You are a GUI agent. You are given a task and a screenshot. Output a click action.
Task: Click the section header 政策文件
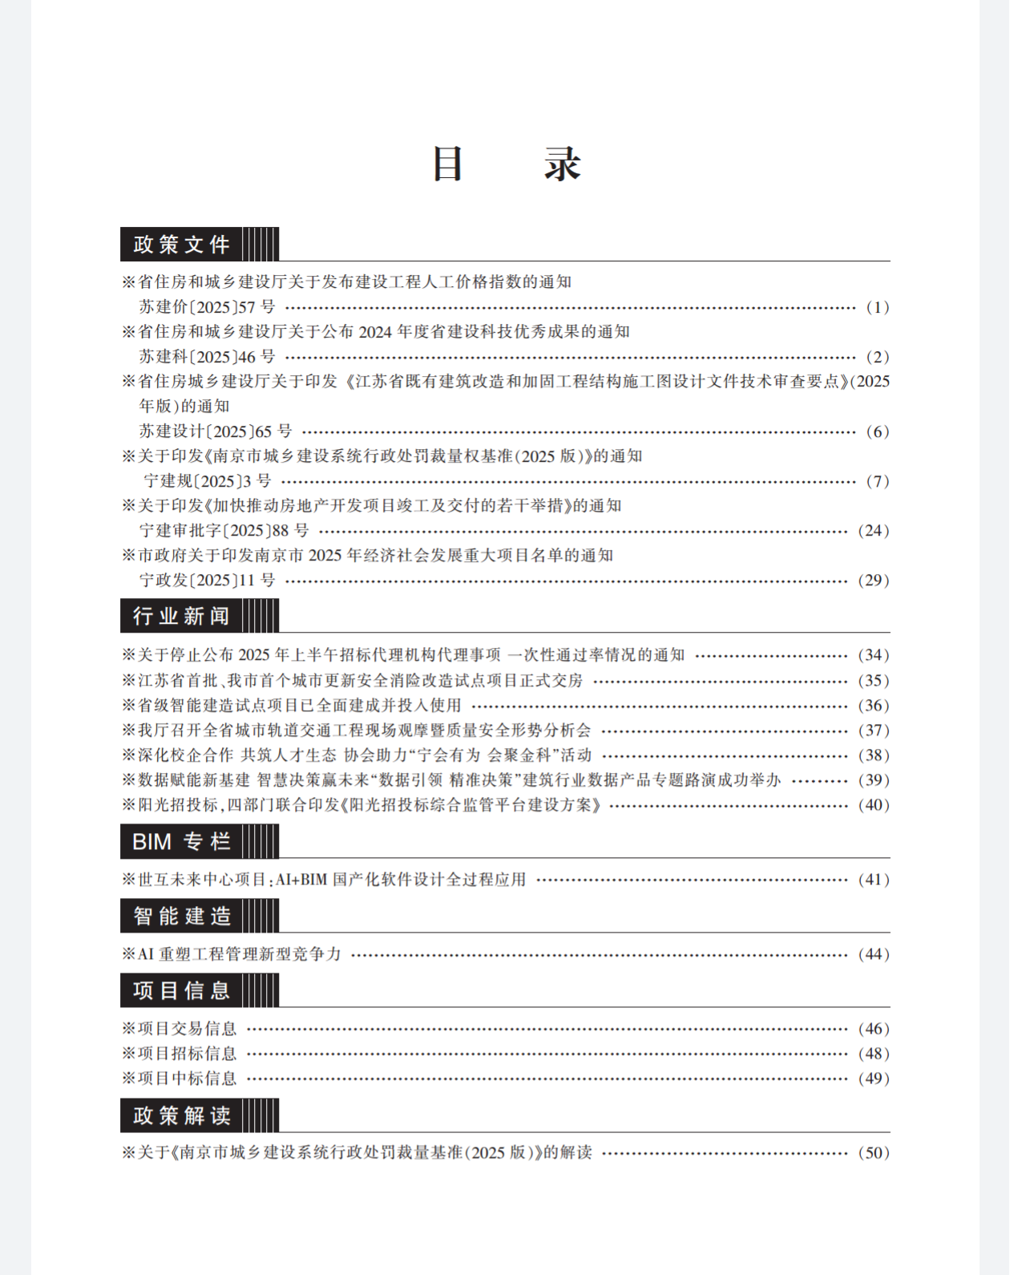pyautogui.click(x=182, y=245)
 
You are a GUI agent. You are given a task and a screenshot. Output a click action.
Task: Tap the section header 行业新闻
pyautogui.click(x=182, y=616)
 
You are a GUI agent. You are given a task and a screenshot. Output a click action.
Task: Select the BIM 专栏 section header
pyautogui.click(x=182, y=842)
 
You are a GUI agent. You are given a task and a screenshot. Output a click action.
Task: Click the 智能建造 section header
pyautogui.click(x=182, y=916)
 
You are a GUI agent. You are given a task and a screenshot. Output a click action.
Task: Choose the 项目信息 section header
pyautogui.click(x=182, y=990)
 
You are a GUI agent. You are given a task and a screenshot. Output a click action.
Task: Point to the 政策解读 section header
pyautogui.click(x=182, y=1115)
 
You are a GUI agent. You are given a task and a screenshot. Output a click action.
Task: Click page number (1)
pyautogui.click(x=877, y=307)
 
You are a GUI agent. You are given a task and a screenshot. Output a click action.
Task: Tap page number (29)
pyautogui.click(x=873, y=581)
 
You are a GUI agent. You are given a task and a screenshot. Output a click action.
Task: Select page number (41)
pyautogui.click(x=873, y=880)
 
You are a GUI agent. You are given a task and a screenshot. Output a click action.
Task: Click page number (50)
pyautogui.click(x=873, y=1153)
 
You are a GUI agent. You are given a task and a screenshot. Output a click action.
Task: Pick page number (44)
pyautogui.click(x=873, y=954)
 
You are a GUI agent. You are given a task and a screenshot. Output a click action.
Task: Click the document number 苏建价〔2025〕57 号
pyautogui.click(x=207, y=307)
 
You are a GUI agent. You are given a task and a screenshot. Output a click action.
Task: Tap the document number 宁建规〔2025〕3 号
pyautogui.click(x=208, y=481)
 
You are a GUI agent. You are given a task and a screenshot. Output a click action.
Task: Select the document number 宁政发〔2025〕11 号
pyautogui.click(x=207, y=581)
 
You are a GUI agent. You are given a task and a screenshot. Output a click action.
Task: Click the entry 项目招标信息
pyautogui.click(x=187, y=1054)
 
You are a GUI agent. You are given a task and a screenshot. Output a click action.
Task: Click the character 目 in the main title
pyautogui.click(x=448, y=164)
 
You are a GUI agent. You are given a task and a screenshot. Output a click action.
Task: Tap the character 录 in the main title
pyautogui.click(x=562, y=164)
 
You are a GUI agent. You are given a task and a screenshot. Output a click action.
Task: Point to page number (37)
pyautogui.click(x=873, y=731)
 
